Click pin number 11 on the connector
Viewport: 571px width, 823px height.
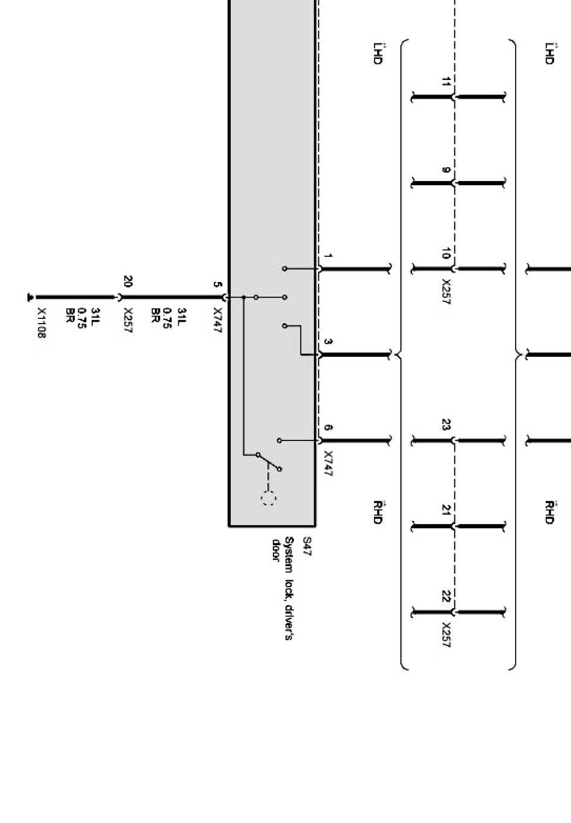[446, 82]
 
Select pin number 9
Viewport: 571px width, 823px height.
[446, 170]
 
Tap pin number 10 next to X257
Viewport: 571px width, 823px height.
[446, 254]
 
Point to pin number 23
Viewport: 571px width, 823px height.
[446, 425]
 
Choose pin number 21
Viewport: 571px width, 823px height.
[446, 510]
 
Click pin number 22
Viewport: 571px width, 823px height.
[446, 596]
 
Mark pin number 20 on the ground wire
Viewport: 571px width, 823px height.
[128, 281]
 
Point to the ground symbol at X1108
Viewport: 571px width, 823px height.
[30, 297]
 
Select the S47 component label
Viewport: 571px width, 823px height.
[307, 547]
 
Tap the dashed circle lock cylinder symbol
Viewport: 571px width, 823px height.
[268, 498]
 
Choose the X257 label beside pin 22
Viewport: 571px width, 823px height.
[446, 635]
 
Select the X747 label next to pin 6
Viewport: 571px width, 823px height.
[328, 463]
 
